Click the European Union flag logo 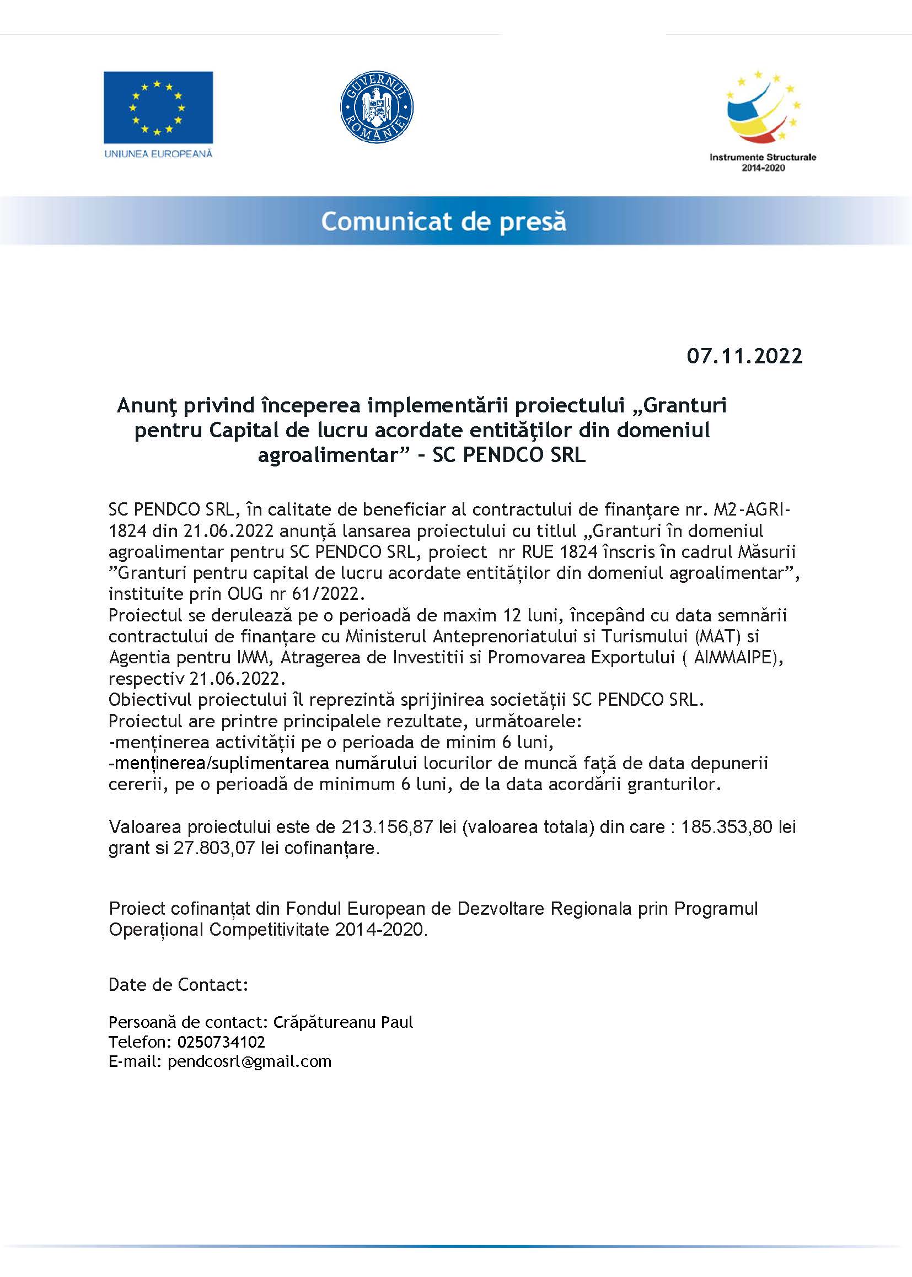coord(158,108)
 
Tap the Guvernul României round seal coord(377,107)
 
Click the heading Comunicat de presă coord(444,221)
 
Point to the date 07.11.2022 coord(744,356)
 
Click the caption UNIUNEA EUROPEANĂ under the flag coord(158,153)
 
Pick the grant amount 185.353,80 coord(727,827)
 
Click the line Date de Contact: coord(178,984)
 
